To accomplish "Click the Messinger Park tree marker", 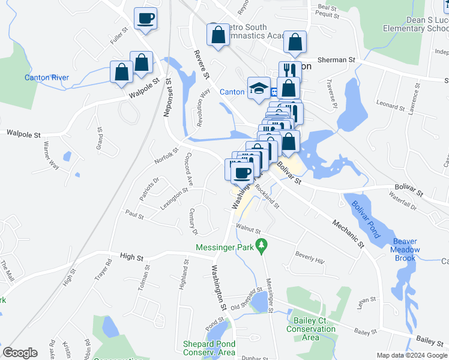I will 261,245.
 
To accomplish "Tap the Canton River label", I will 47,77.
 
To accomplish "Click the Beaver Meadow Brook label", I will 405,250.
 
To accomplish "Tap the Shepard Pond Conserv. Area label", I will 209,348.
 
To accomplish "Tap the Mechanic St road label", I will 349,233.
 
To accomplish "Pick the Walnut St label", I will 249,229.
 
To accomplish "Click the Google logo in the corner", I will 20,353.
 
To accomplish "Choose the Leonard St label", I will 390,106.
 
